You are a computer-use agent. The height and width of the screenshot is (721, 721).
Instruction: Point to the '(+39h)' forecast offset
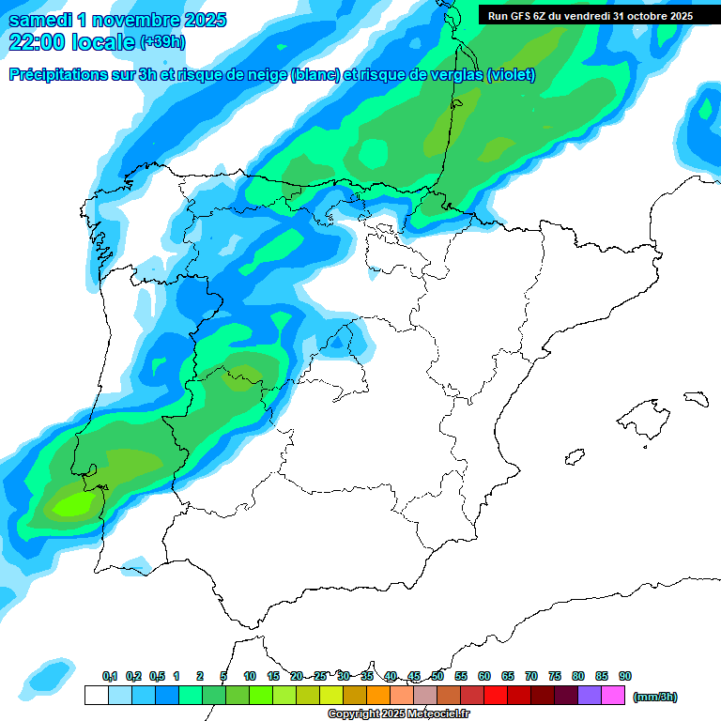pyautogui.click(x=161, y=42)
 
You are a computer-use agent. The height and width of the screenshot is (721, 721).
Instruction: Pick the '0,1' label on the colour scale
pyautogui.click(x=109, y=676)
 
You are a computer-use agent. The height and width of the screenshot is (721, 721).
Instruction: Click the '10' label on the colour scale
pyautogui.click(x=250, y=676)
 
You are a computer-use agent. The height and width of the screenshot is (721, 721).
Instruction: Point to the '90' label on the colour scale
pyautogui.click(x=625, y=676)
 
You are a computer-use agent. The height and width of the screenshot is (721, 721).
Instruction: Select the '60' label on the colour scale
pyautogui.click(x=484, y=676)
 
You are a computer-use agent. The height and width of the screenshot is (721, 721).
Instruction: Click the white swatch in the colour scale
pyautogui.click(x=96, y=696)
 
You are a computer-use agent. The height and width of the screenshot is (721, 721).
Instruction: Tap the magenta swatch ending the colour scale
pyautogui.click(x=613, y=696)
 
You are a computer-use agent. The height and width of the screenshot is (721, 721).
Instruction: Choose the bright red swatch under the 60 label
pyautogui.click(x=496, y=696)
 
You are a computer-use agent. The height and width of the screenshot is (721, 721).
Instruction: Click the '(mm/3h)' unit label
pyautogui.click(x=655, y=697)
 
